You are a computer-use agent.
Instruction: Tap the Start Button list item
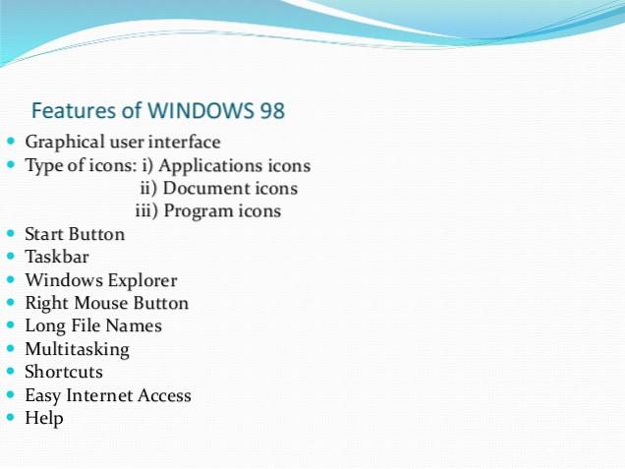75,234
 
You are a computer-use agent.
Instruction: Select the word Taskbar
56,258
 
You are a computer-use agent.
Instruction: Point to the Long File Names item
93,325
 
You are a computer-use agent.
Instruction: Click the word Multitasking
77,349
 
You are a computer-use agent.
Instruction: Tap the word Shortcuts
64,372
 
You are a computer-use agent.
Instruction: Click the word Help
44,418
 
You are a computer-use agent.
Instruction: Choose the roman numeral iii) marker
146,211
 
